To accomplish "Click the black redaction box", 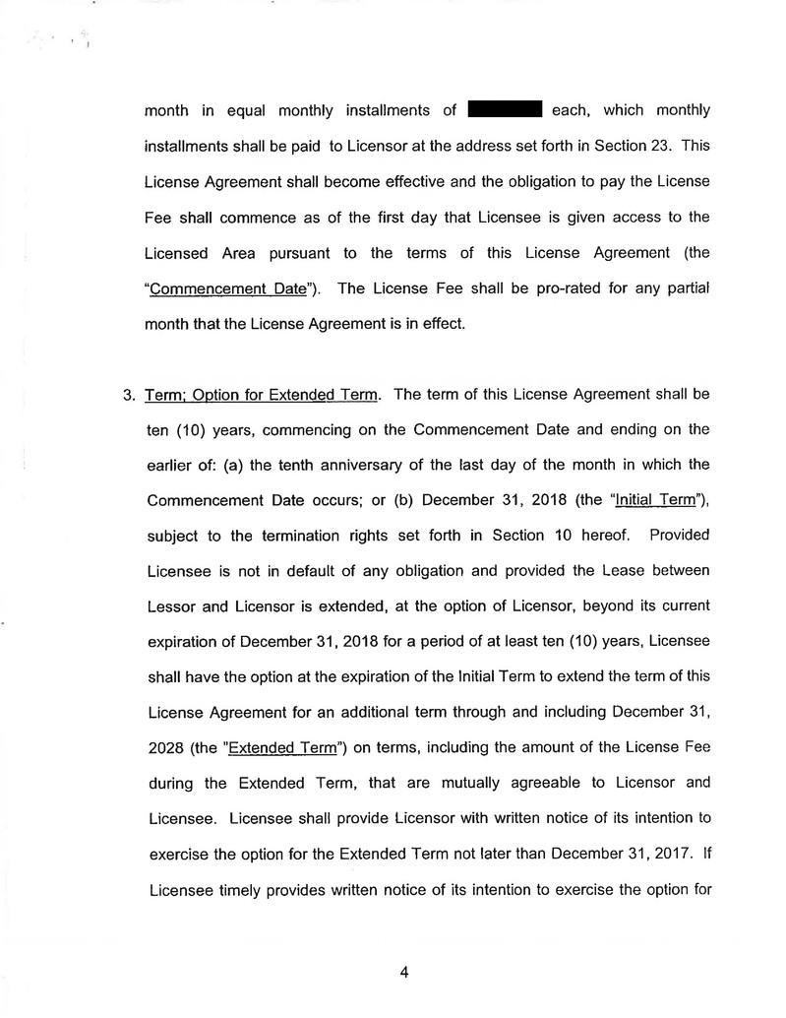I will tap(507, 109).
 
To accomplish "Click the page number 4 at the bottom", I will tap(403, 973).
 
